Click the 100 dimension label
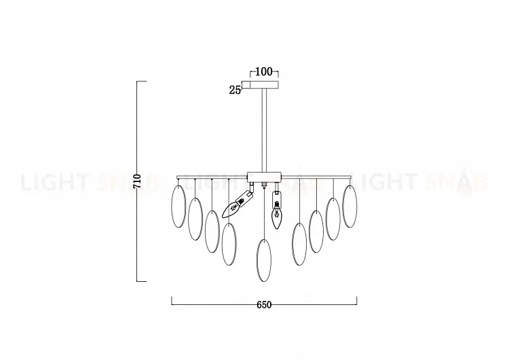tap(264, 71)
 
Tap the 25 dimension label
tap(235, 90)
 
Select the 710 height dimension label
tap(137, 181)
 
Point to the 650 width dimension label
tap(264, 305)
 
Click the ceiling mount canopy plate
tap(264, 85)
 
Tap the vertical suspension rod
tap(264, 130)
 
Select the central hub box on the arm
tap(264, 177)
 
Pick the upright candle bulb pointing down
tap(277, 215)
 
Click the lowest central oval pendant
tap(263, 260)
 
